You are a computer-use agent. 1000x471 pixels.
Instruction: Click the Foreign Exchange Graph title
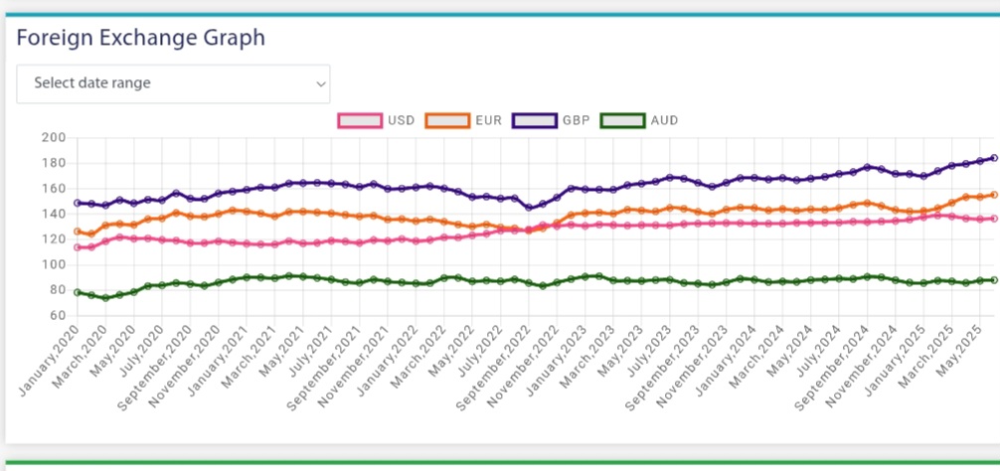[140, 38]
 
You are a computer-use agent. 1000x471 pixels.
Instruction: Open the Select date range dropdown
[173, 83]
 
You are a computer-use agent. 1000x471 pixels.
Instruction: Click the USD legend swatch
[360, 120]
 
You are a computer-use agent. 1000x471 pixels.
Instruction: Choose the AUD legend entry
[639, 120]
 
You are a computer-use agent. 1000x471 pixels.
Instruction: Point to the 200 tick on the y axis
[54, 138]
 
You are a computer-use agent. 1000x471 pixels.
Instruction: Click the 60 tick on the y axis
[58, 315]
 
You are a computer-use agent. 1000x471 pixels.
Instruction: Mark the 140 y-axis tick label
[54, 215]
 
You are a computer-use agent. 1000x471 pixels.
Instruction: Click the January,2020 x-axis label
[49, 360]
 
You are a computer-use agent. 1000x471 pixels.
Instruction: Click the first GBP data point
[78, 203]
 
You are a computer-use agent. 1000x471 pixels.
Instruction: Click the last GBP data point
[994, 158]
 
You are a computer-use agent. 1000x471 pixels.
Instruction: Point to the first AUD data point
[78, 292]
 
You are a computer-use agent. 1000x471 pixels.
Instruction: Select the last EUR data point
[994, 195]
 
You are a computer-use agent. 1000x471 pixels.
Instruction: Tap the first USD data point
[78, 247]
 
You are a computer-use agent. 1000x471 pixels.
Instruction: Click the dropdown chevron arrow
[321, 84]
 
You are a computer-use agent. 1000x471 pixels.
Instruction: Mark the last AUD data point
[994, 280]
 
